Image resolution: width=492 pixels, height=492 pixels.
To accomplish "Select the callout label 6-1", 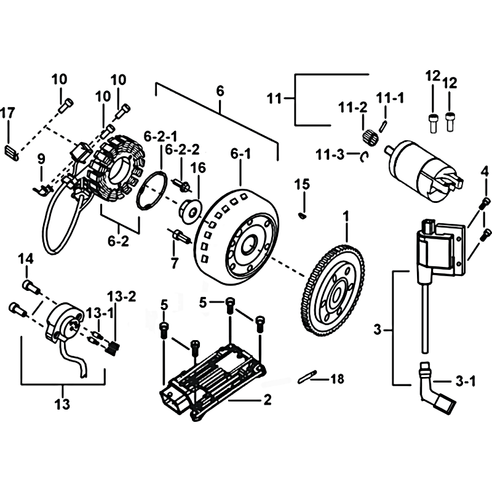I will coord(240,153).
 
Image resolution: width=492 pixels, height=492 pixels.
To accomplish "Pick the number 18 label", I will coord(338,379).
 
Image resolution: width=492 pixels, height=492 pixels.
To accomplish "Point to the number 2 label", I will coord(267,400).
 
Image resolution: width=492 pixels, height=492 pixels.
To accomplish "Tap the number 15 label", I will coord(301,183).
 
